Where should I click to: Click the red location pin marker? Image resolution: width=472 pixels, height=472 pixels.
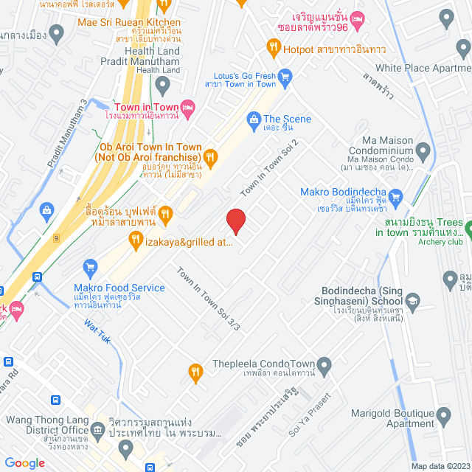click(x=235, y=221)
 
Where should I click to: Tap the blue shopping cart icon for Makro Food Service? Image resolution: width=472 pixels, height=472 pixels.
click(x=91, y=266)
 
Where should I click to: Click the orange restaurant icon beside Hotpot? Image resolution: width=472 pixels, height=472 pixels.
click(x=273, y=49)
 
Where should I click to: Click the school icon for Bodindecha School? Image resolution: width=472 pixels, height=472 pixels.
click(x=412, y=301)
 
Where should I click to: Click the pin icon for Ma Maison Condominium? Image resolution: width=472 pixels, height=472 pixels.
click(x=423, y=152)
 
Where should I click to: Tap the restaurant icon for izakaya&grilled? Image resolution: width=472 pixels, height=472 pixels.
click(x=135, y=239)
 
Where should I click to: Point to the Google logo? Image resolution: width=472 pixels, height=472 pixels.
click(x=24, y=463)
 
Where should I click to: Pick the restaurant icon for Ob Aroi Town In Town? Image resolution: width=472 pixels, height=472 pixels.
click(x=210, y=156)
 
